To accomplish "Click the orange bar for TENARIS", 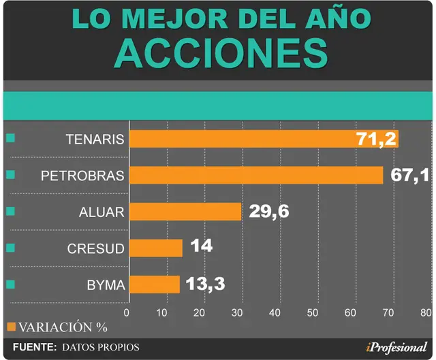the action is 264,139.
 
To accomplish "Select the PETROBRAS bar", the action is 256,175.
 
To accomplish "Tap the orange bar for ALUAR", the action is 185,212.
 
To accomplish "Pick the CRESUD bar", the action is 156,248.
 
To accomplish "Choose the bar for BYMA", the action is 155,284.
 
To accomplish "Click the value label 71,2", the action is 377,139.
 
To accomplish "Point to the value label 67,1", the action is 409,176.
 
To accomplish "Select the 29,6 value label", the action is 269,212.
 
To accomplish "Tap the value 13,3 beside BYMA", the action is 205,284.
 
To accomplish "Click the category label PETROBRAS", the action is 82,176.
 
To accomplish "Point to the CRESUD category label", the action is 95,248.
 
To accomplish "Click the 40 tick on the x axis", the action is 275,313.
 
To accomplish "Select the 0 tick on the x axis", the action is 127,313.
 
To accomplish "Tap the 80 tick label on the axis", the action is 426,313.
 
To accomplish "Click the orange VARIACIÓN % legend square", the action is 12,327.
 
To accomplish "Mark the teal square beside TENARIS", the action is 11,138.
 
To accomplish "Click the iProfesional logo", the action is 396,348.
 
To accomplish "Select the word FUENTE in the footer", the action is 35,347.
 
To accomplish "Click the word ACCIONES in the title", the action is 221,53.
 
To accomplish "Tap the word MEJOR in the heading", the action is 175,19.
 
